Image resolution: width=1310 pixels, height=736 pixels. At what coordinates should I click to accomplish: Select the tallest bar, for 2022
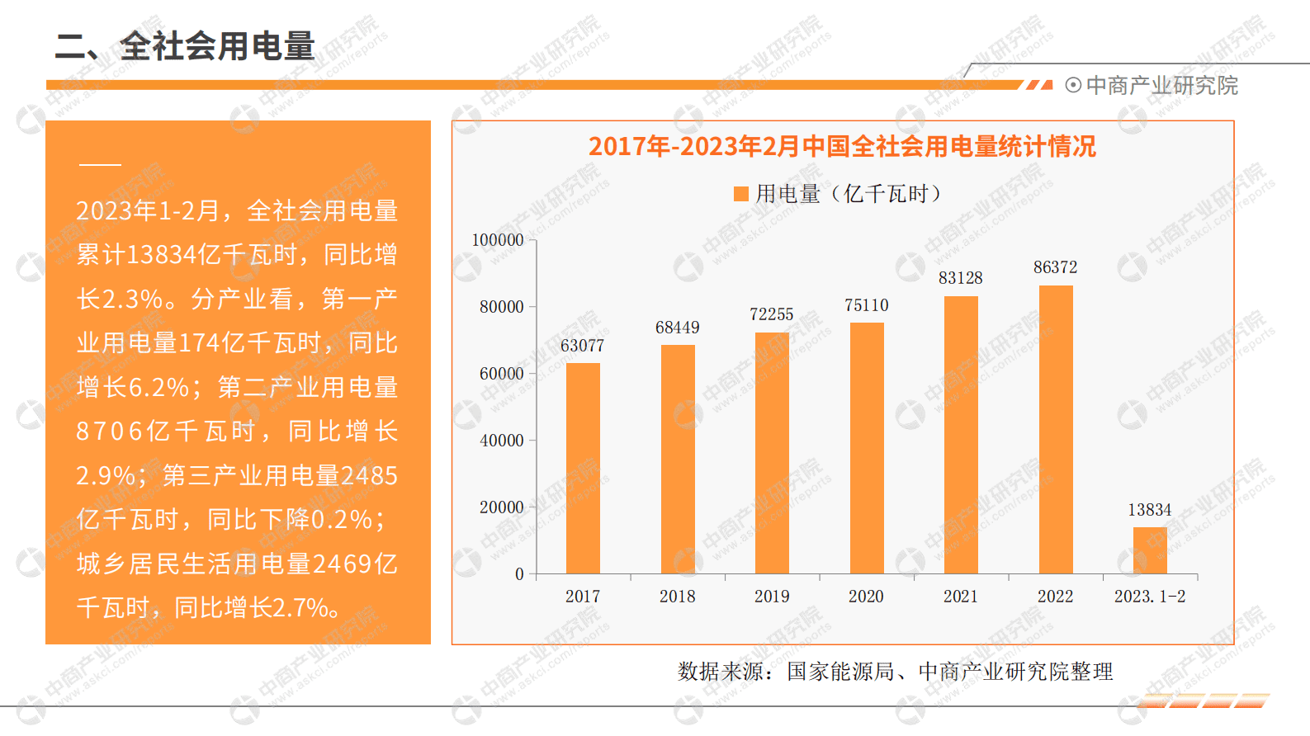pos(1056,430)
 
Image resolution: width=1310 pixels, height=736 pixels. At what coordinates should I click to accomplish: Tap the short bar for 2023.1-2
pos(1150,550)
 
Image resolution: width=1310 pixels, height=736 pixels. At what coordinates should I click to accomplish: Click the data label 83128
pos(960,278)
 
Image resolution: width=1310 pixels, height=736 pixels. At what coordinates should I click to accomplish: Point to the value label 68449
pos(677,328)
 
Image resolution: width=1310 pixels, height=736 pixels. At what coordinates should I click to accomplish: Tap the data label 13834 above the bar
pos(1149,510)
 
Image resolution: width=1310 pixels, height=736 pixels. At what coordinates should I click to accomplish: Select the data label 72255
pos(771,314)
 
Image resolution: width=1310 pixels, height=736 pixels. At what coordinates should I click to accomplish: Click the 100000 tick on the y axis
pos(498,240)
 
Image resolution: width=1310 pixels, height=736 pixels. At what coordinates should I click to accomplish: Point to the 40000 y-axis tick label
pos(502,441)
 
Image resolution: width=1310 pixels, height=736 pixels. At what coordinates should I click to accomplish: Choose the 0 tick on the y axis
pos(519,574)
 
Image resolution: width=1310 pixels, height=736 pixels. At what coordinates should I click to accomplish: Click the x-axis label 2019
pos(772,597)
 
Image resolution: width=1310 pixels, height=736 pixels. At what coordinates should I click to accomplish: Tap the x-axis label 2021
pos(961,597)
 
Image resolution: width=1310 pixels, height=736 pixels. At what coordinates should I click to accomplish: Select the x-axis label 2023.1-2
pos(1149,597)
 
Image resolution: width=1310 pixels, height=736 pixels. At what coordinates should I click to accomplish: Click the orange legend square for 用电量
pos(741,194)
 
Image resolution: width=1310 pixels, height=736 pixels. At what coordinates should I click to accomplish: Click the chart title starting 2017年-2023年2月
pos(842,147)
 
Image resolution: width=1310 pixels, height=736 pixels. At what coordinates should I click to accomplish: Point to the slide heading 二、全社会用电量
pos(185,46)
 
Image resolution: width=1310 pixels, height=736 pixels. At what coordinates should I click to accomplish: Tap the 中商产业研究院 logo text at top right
pos(1161,86)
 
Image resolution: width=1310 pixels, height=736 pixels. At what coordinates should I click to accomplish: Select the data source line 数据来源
pos(895,672)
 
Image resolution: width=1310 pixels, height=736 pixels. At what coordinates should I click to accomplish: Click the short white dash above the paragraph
pos(100,165)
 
